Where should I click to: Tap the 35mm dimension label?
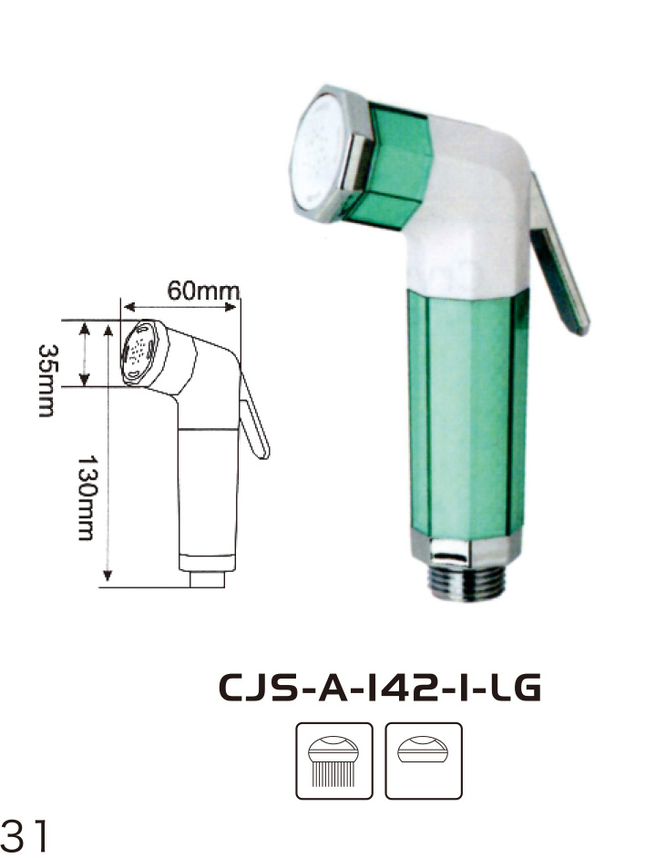(x=46, y=381)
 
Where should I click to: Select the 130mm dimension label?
(x=86, y=498)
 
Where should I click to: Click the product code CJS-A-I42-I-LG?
(x=380, y=688)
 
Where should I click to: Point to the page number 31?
(x=24, y=835)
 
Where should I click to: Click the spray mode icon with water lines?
(x=333, y=761)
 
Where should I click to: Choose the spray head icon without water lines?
(x=424, y=761)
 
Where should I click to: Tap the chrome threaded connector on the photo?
(x=466, y=584)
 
